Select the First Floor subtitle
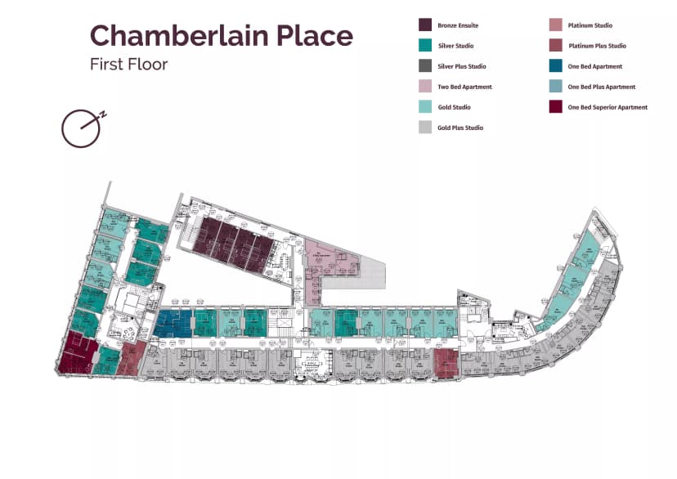pyautogui.click(x=128, y=64)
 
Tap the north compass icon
pyautogui.click(x=82, y=127)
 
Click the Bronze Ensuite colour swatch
pyautogui.click(x=425, y=25)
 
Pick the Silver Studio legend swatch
pyautogui.click(x=425, y=46)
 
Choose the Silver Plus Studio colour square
pyautogui.click(x=425, y=66)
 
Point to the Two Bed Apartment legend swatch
pyautogui.click(x=425, y=87)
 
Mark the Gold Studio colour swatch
pyautogui.click(x=425, y=107)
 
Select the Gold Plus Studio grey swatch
pyautogui.click(x=425, y=128)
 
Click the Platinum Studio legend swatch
pyautogui.click(x=556, y=25)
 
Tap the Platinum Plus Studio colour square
pyautogui.click(x=556, y=46)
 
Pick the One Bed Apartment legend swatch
pyautogui.click(x=556, y=66)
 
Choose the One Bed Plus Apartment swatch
pyautogui.click(x=556, y=87)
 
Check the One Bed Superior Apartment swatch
pyautogui.click(x=556, y=107)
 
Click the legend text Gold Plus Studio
pyautogui.click(x=460, y=128)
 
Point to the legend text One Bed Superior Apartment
pyautogui.click(x=608, y=108)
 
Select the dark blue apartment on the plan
pyautogui.click(x=173, y=323)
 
